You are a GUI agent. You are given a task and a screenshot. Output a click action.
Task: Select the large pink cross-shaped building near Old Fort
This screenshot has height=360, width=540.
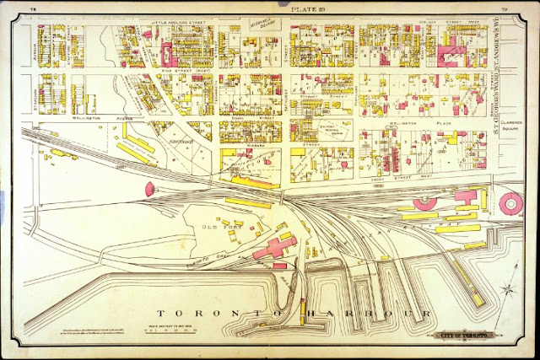coord(275,247)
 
